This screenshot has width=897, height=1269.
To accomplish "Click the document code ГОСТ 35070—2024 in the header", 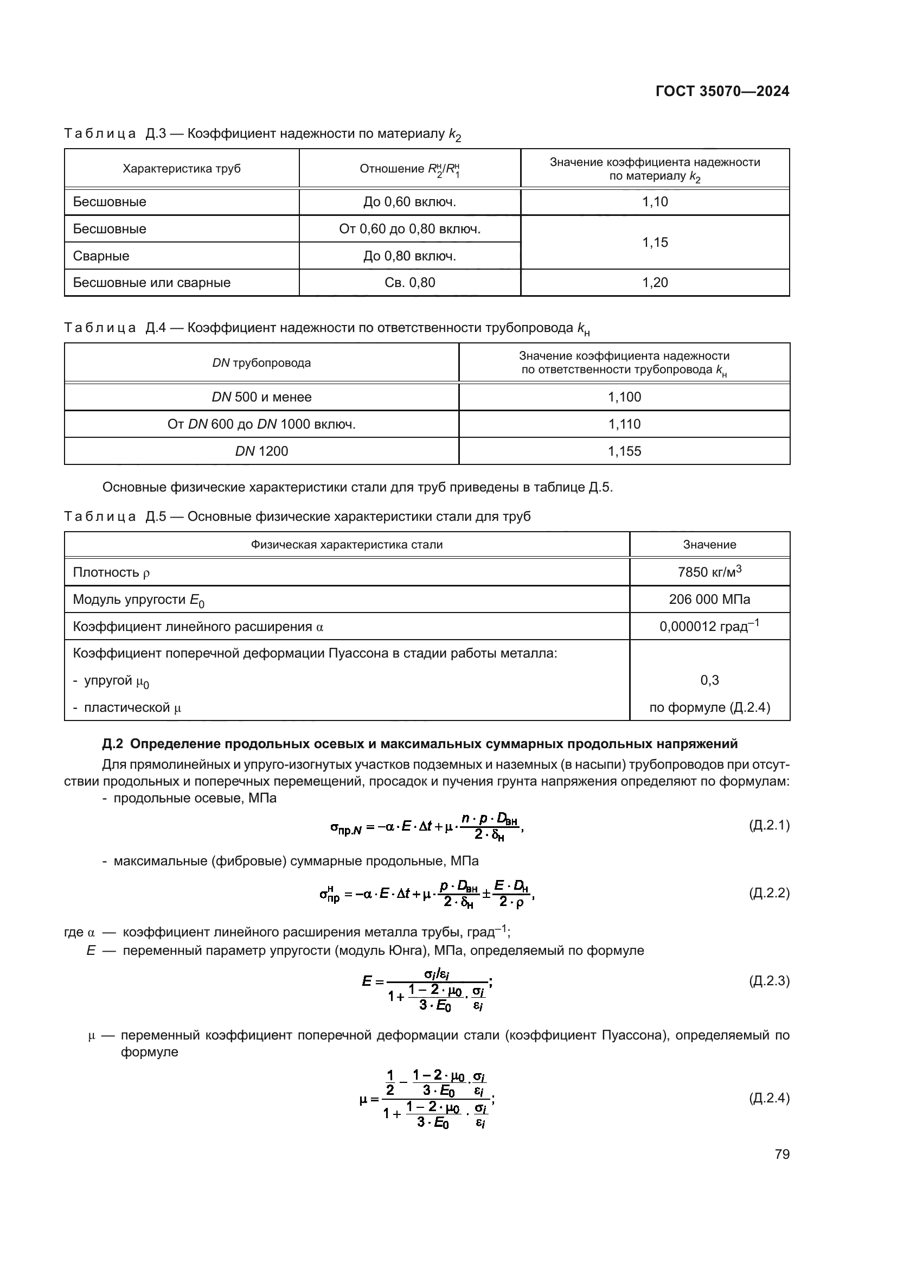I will pos(722,91).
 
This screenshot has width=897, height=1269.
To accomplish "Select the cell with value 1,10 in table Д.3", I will pos(655,202).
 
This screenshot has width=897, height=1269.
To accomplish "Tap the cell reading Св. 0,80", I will pos(409,283).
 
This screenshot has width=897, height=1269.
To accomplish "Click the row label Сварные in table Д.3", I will pos(101,256).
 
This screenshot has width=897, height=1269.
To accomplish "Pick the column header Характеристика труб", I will pos(181,169).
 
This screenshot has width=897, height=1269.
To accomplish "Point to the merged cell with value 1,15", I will pos(655,242).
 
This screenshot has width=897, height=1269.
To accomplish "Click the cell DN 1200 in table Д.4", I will pos(261,451).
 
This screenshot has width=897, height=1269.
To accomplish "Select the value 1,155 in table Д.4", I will pos(624,451).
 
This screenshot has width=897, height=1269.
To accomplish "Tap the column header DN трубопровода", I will pos(261,363).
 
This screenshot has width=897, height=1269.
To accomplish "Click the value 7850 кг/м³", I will pos(709,571).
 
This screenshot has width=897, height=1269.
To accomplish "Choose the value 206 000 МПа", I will pos(709,599).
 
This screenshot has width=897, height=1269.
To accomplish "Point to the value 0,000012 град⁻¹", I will pos(709,626).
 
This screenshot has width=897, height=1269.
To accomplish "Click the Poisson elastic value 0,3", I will pos(709,680).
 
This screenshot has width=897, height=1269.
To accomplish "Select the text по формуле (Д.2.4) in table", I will pos(709,707).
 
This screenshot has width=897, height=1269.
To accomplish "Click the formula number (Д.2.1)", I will pos(769,825).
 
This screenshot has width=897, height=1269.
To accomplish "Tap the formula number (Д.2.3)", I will pos(769,980).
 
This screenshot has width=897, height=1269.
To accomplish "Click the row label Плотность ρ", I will pos(111,572).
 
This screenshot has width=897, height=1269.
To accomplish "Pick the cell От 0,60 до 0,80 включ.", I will pos(409,229).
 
